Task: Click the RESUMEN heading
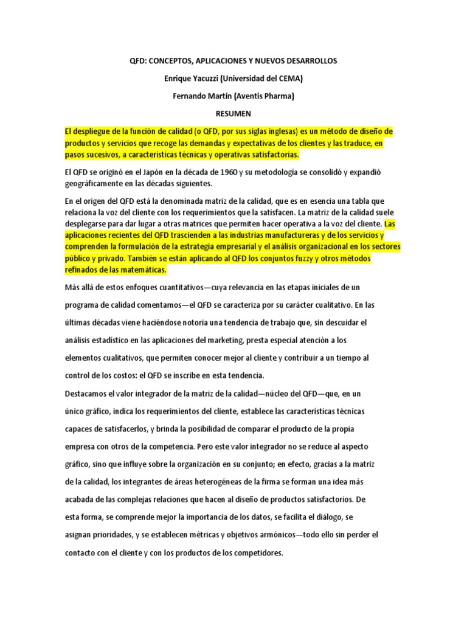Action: tap(233, 113)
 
